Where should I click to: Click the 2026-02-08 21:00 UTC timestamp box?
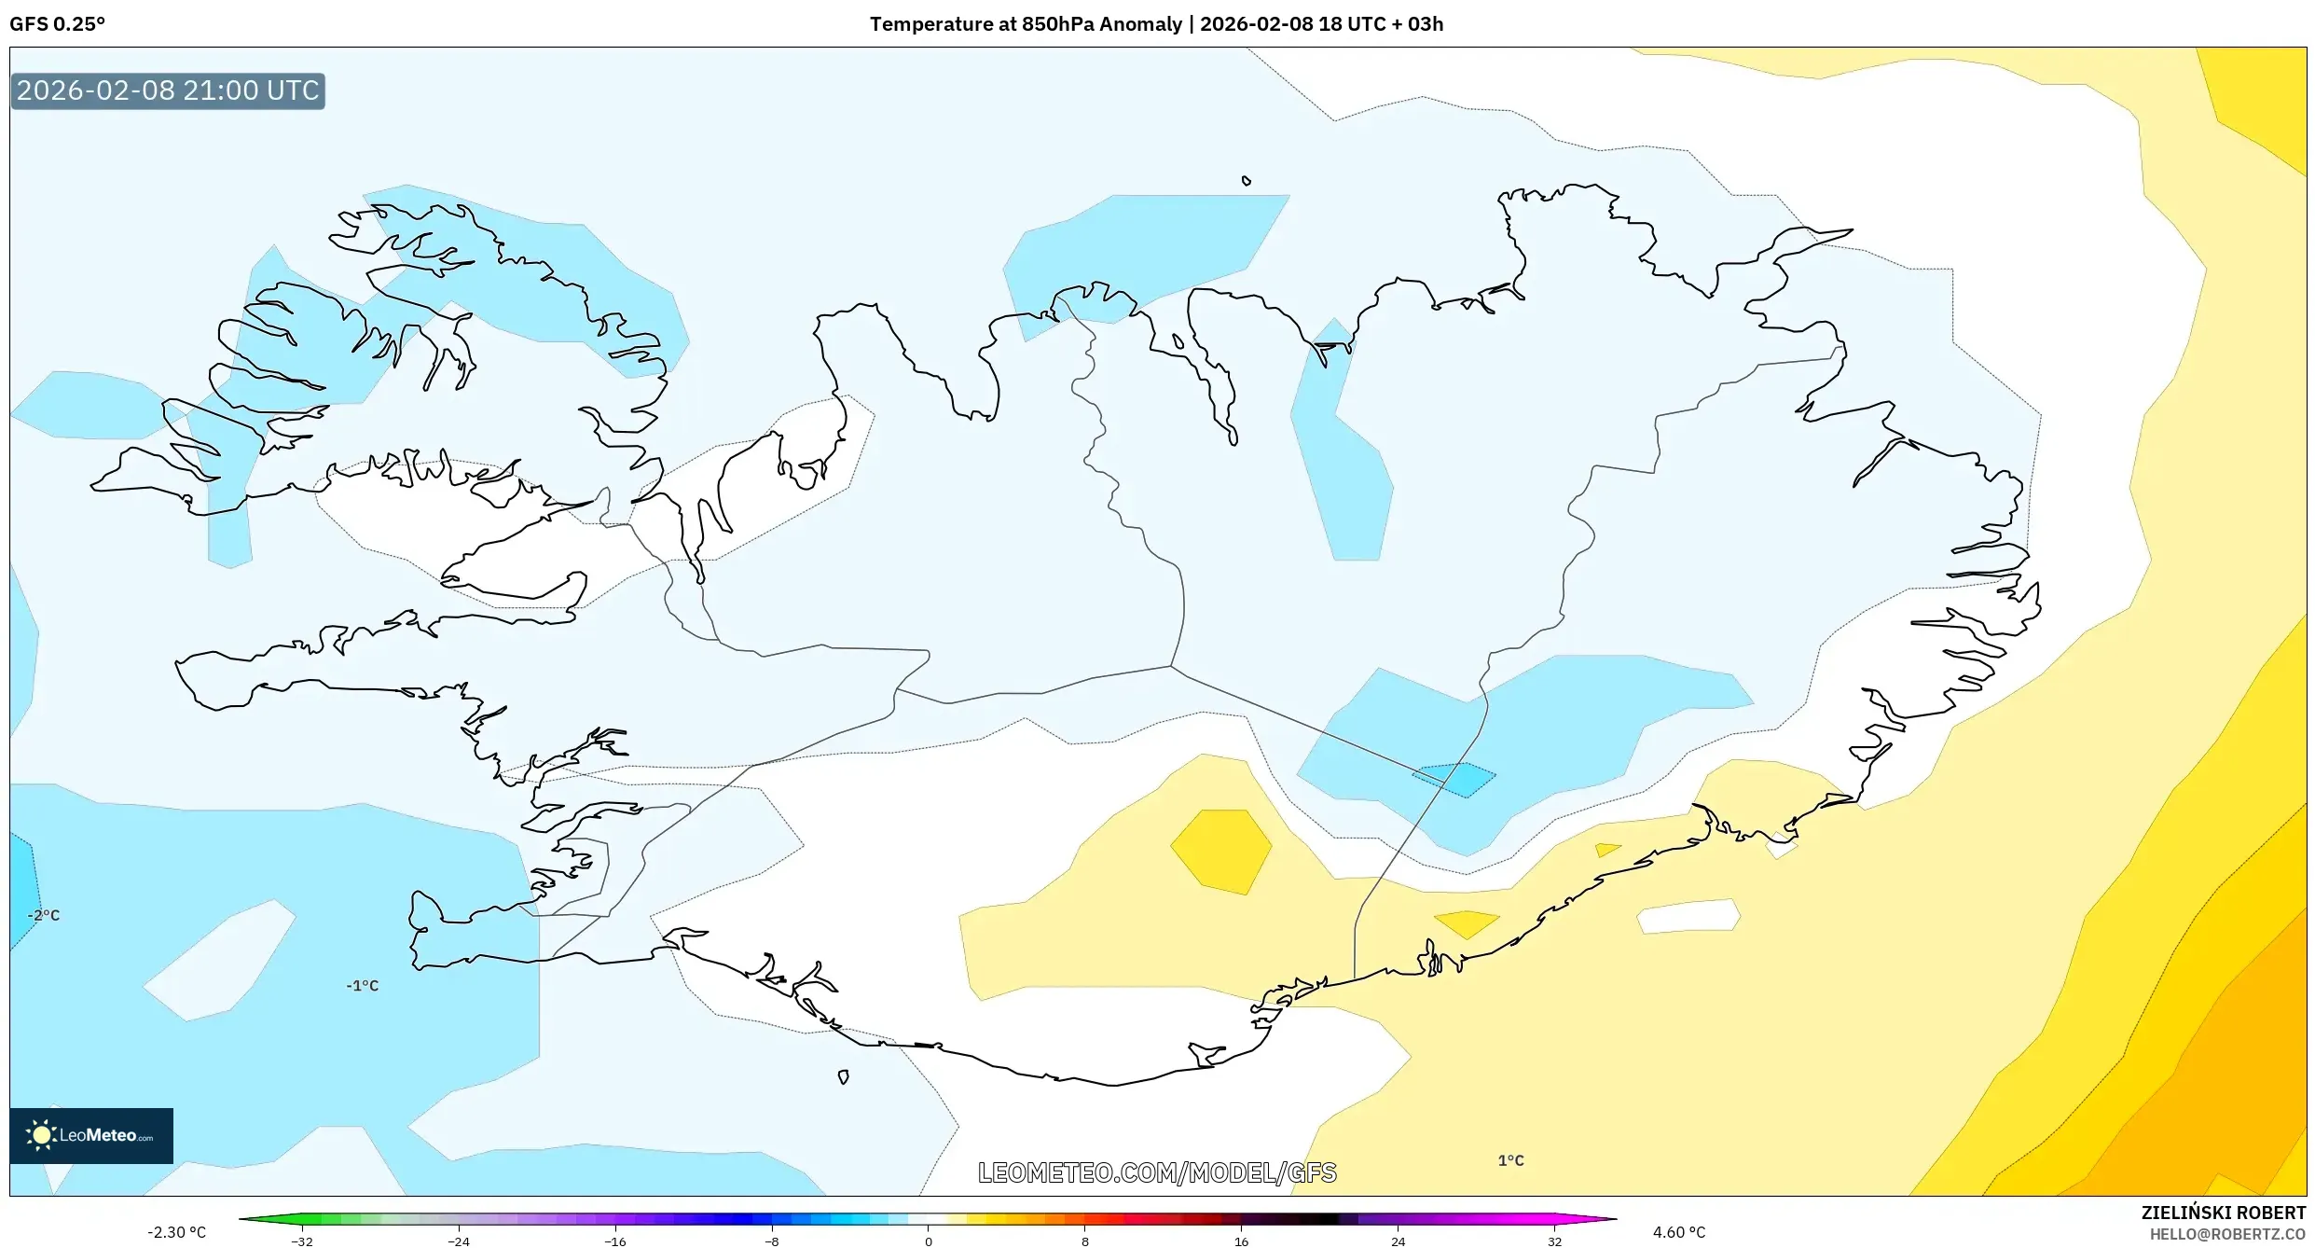[168, 90]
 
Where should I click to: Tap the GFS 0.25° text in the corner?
[57, 24]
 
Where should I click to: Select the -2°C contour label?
[44, 915]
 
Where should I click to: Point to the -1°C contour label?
[363, 985]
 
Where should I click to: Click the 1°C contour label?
[1510, 1160]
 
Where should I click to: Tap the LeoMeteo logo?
[91, 1135]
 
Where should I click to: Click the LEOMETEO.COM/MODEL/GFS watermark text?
[1156, 1172]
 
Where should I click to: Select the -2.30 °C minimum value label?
[176, 1232]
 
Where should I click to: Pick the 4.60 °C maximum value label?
[1678, 1232]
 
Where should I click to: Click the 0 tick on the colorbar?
[928, 1241]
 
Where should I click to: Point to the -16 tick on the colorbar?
[615, 1241]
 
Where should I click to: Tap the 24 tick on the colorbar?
[1398, 1241]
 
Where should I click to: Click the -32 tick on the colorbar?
[302, 1241]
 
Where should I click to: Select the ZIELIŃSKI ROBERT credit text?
[2223, 1213]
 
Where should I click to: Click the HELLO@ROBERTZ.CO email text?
[2227, 1234]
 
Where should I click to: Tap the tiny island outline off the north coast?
[1246, 181]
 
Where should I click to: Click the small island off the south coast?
[843, 1076]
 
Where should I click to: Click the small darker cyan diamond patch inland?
[1454, 779]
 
